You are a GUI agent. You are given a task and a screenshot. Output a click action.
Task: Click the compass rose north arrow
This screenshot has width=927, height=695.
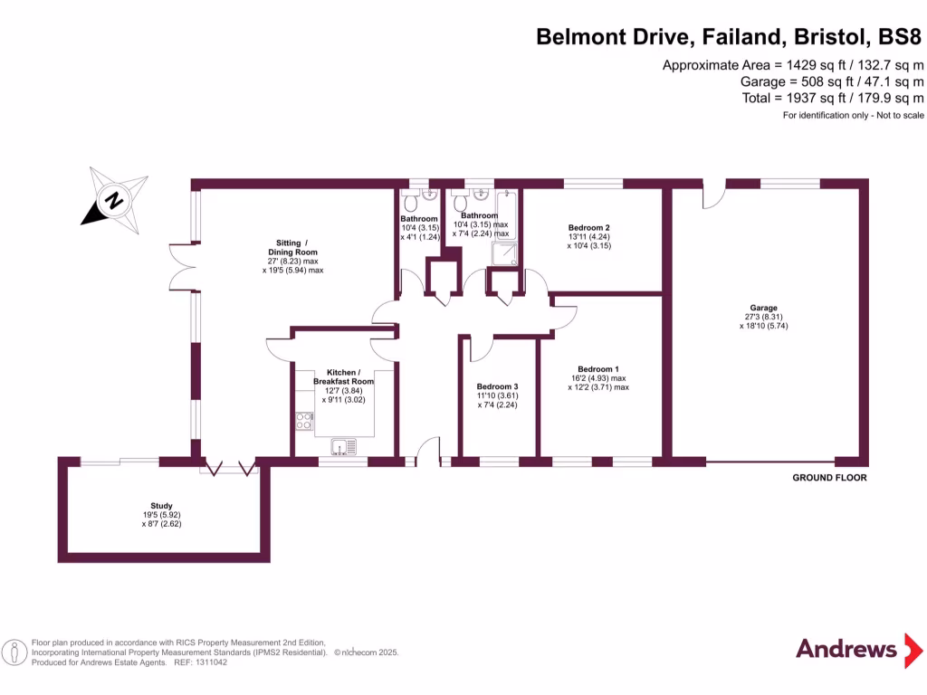click(114, 199)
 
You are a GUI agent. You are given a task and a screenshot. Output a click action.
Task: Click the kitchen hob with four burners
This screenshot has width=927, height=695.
click(304, 421)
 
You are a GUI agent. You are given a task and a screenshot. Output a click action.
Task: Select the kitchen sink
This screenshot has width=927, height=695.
click(344, 445)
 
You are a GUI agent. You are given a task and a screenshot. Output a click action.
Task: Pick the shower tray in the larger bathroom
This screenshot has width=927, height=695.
click(505, 255)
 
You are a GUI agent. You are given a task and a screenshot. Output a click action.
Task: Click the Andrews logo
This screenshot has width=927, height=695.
click(846, 649)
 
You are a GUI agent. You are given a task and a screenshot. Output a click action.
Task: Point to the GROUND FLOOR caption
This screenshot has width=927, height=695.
click(829, 478)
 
